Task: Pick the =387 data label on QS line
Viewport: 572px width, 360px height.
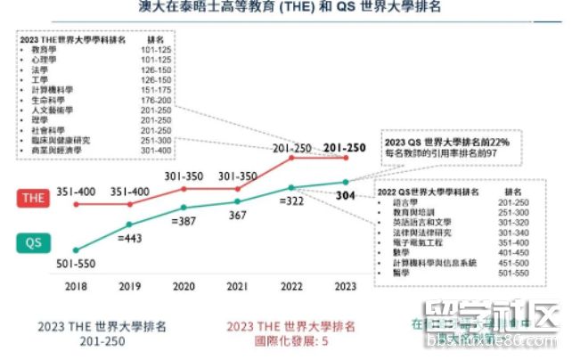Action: [x=184, y=221]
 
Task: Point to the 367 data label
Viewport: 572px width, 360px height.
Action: [x=238, y=214]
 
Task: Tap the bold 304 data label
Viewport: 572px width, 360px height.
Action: [x=349, y=195]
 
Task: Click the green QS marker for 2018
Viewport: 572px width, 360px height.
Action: [x=77, y=250]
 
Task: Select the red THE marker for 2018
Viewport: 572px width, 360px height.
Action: [x=77, y=204]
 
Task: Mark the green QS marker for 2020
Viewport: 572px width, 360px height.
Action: [x=184, y=207]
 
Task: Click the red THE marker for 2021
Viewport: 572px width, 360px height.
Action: [x=238, y=189]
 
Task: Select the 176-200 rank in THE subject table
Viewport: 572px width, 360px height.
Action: [x=159, y=100]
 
